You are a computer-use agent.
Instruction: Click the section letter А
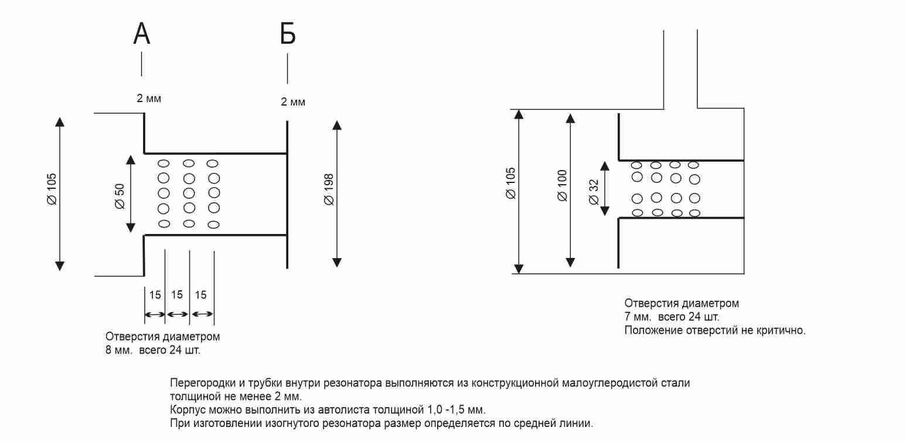pos(142,34)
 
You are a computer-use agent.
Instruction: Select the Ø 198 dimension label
pos(329,189)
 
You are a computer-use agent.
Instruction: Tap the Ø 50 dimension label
pos(120,195)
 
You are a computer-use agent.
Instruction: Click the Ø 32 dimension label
pos(594,192)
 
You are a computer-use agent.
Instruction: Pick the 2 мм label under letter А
pos(149,99)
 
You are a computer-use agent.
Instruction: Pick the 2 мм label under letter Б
pos(293,102)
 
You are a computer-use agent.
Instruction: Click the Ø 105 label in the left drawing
pos(52,189)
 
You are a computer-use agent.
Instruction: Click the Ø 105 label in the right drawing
pos(511,184)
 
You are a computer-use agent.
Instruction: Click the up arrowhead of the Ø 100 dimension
pos(570,117)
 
